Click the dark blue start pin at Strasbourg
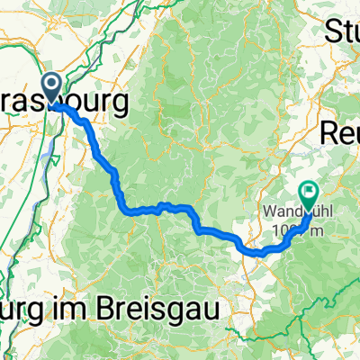(x=51, y=88)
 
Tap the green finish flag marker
(x=309, y=193)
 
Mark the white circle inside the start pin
(x=51, y=85)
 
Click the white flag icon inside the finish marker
(x=309, y=190)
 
